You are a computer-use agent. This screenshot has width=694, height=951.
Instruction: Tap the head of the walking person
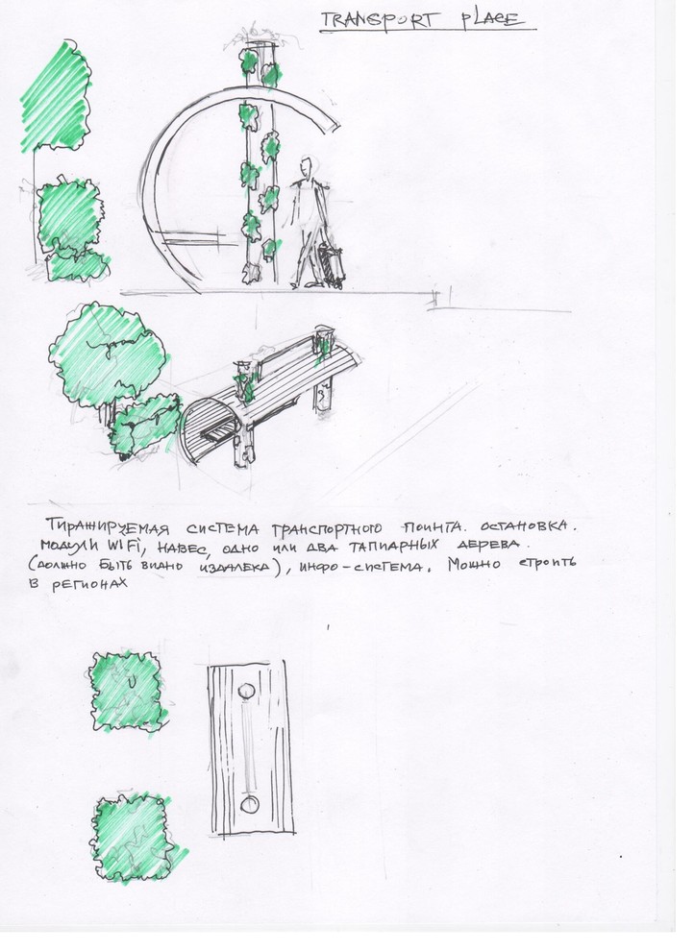[306, 166]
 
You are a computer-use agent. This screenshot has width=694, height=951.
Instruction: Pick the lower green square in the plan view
[129, 835]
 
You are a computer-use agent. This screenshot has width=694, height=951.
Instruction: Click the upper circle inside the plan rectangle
[248, 690]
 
